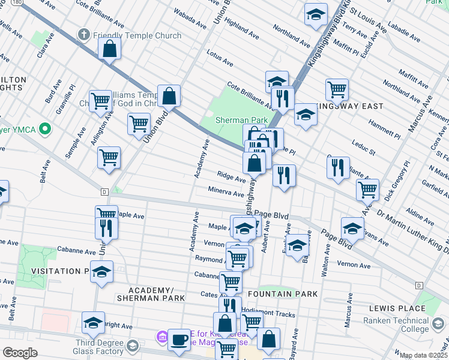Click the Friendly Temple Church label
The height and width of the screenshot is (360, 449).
(x=137, y=35)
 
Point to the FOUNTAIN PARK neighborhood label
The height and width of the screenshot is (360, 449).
(x=282, y=294)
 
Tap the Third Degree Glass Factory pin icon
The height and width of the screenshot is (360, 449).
(x=132, y=346)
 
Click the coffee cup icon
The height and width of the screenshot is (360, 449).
(x=179, y=340)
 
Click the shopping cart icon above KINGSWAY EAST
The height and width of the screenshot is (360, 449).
(x=337, y=90)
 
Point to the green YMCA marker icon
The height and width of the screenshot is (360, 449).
(x=43, y=129)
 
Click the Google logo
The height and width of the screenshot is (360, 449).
(x=20, y=353)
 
